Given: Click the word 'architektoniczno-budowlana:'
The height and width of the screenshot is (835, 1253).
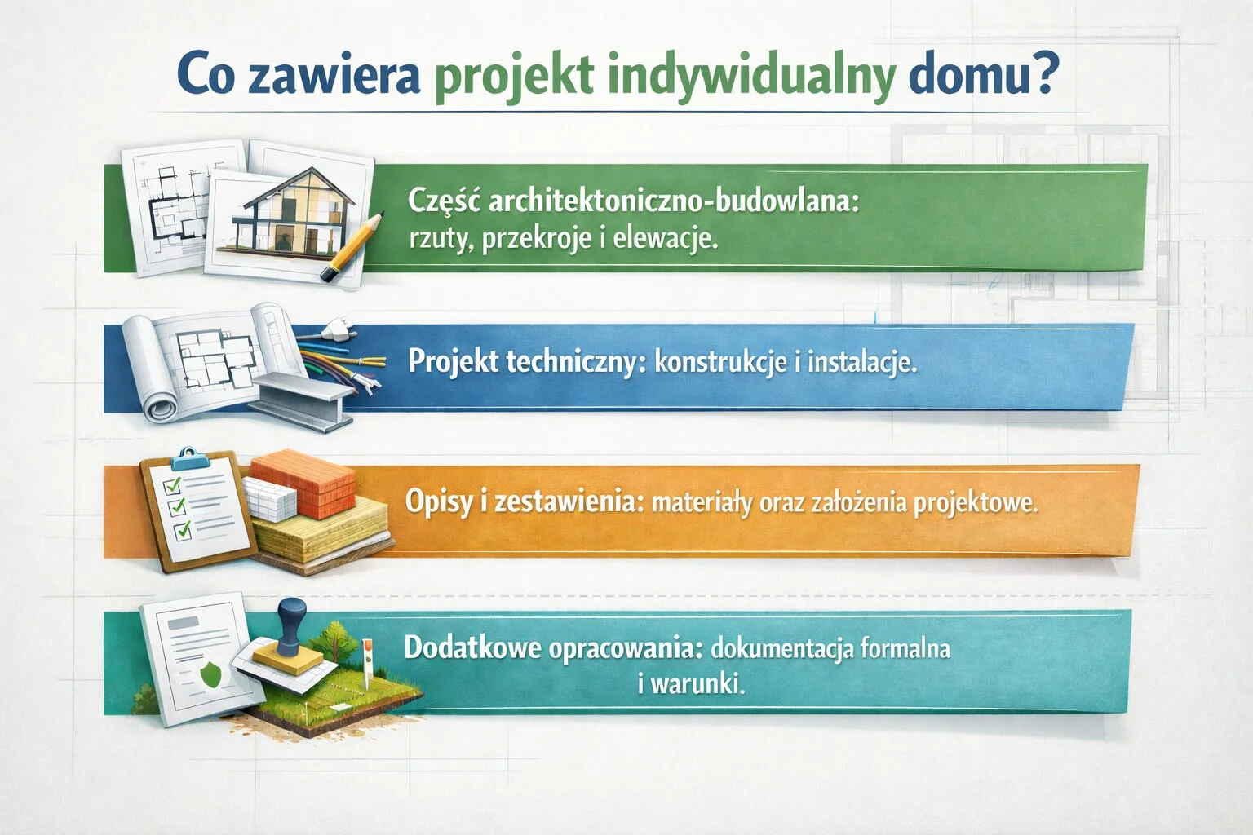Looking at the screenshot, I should pyautogui.click(x=673, y=202).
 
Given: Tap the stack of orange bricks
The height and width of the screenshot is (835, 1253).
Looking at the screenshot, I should pyautogui.click(x=302, y=480).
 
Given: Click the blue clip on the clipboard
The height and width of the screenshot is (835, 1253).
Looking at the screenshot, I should pyautogui.click(x=188, y=455).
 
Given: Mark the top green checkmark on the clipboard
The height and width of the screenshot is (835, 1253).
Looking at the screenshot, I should pyautogui.click(x=172, y=487).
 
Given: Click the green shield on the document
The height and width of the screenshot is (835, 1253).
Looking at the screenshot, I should pyautogui.click(x=210, y=674).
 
